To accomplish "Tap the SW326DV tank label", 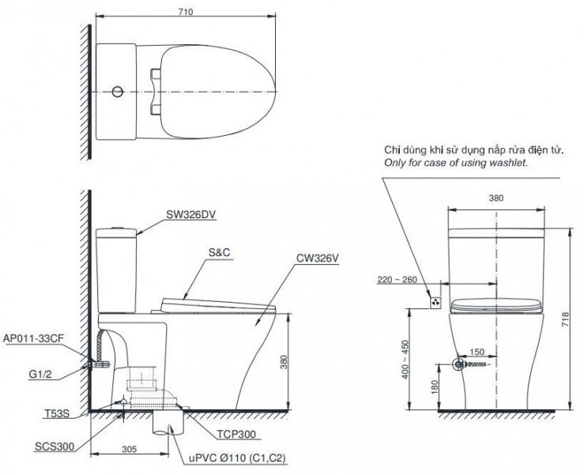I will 191,213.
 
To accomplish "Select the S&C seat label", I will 220,253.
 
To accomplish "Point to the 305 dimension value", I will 130,449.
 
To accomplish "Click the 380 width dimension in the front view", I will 495,199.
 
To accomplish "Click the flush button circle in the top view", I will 118,92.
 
